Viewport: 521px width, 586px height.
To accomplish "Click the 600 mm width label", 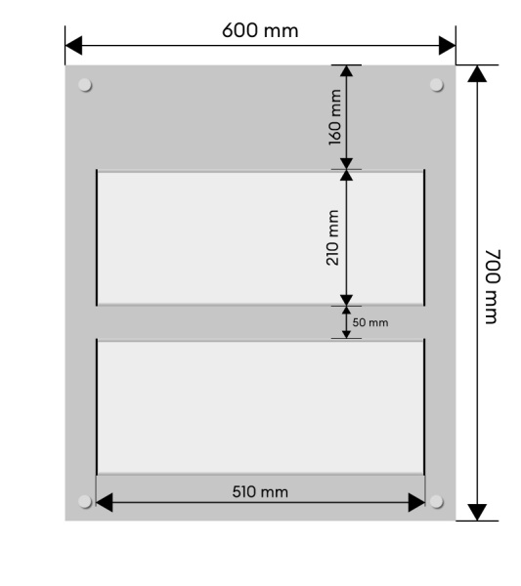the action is pyautogui.click(x=260, y=30).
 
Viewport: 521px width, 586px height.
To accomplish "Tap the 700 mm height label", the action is pyautogui.click(x=493, y=286).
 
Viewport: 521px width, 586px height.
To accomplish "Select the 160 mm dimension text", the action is pyautogui.click(x=335, y=117).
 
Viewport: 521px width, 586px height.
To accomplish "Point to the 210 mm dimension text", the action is pyautogui.click(x=332, y=237).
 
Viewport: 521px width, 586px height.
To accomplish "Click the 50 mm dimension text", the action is pyautogui.click(x=370, y=322).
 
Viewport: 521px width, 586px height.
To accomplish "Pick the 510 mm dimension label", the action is pyautogui.click(x=260, y=492).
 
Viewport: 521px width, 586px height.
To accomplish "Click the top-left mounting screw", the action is pyautogui.click(x=85, y=85).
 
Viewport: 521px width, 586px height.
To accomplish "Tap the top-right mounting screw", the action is pyautogui.click(x=437, y=85).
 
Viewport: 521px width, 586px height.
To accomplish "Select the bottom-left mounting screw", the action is pyautogui.click(x=85, y=502).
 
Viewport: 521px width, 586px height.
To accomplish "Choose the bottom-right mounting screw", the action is pyautogui.click(x=437, y=502).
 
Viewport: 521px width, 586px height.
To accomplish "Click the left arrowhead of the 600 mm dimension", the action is pyautogui.click(x=73, y=46).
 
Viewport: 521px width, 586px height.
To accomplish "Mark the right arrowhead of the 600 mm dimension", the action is pyautogui.click(x=448, y=46).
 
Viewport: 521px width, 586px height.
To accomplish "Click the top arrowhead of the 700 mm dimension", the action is pyautogui.click(x=477, y=73).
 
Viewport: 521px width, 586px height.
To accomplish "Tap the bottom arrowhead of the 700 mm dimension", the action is pyautogui.click(x=477, y=512).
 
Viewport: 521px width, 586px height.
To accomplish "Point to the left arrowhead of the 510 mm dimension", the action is pyautogui.click(x=105, y=502).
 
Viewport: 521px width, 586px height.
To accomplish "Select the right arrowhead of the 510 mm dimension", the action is pyautogui.click(x=416, y=502).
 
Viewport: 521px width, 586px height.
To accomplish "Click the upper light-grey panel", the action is pyautogui.click(x=260, y=238).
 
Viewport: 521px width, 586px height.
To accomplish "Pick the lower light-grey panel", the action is pyautogui.click(x=260, y=407).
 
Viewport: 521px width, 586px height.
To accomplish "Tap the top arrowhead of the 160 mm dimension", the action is pyautogui.click(x=346, y=71).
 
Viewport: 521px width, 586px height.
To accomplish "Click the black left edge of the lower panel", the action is pyautogui.click(x=97, y=406).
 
